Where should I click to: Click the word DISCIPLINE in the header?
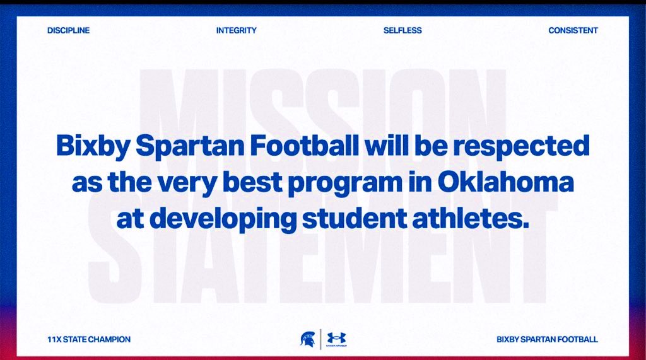click(x=68, y=30)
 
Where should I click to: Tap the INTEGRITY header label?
click(x=236, y=30)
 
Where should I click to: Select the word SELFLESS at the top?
click(x=402, y=30)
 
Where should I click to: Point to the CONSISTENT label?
click(x=573, y=30)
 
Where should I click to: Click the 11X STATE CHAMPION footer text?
click(x=89, y=339)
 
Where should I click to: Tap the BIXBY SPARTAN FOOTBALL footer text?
click(x=547, y=339)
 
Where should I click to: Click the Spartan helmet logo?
click(x=307, y=339)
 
